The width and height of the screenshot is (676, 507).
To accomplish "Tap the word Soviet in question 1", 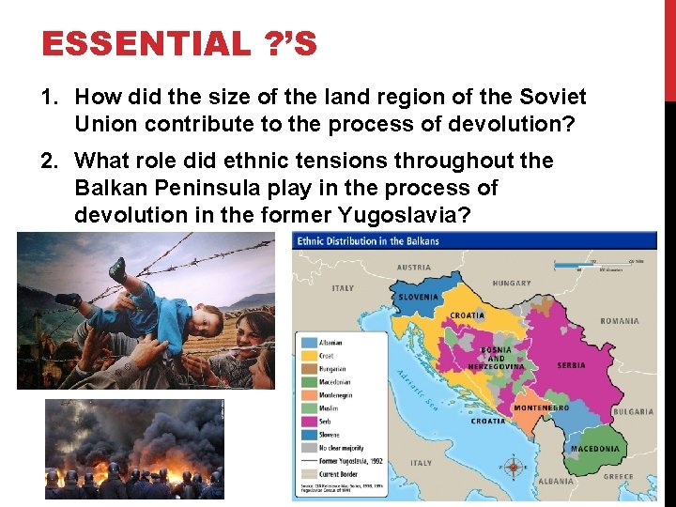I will click(553, 97).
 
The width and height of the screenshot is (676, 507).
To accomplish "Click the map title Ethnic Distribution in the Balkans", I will click(368, 241).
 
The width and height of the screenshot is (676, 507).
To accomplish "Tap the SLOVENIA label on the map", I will click(418, 298).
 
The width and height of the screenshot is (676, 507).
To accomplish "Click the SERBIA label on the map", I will click(571, 365).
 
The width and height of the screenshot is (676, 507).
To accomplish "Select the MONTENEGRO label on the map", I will click(542, 408).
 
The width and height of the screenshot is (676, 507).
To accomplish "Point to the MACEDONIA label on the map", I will click(595, 449).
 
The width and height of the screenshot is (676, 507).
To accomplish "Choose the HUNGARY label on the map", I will click(512, 283).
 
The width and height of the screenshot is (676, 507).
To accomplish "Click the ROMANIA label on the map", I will click(620, 321).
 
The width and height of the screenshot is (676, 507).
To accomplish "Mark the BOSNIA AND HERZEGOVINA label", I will click(496, 358).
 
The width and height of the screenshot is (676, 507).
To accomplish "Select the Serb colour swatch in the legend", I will click(309, 422).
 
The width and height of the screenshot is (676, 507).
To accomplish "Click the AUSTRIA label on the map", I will click(414, 267).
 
